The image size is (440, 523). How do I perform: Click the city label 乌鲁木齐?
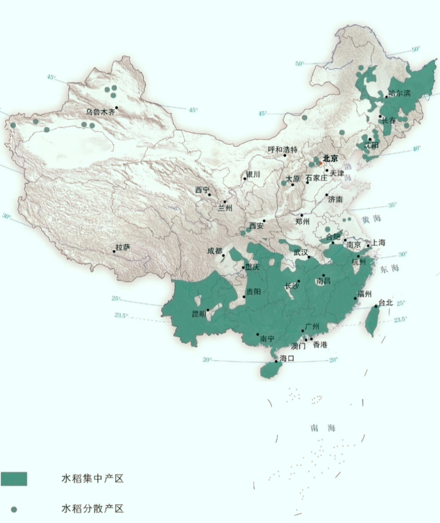[101, 112]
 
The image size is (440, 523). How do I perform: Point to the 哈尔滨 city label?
[399, 93]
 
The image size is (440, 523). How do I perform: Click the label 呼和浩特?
[283, 150]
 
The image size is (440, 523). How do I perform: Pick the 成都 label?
[214, 251]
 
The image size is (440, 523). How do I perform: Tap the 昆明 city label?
[200, 314]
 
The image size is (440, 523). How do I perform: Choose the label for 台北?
[385, 303]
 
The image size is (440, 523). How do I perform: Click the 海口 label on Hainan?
[287, 359]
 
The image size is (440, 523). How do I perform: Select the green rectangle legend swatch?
[14, 479]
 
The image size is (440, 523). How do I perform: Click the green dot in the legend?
[14, 509]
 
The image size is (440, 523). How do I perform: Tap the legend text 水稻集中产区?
[92, 478]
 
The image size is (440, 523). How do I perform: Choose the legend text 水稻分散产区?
[92, 509]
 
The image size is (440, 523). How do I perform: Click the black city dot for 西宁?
[210, 195]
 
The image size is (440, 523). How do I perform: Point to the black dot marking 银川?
[245, 178]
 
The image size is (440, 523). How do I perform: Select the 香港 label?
[320, 345]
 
